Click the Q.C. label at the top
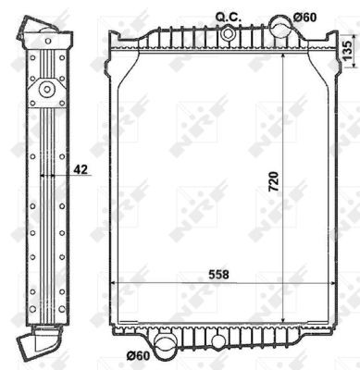click(x=228, y=16)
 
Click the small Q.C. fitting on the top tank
click(x=228, y=34)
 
